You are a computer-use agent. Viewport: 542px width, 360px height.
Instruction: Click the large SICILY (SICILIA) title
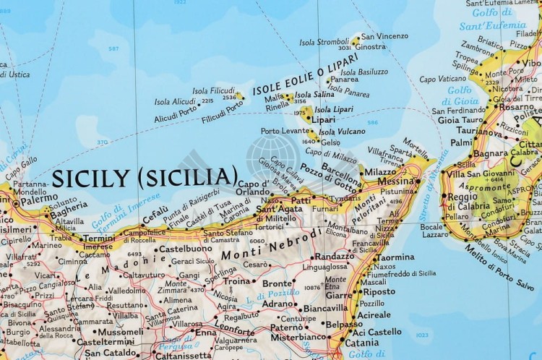pos(145,176)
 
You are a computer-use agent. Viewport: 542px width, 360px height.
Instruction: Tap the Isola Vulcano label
pos(337,132)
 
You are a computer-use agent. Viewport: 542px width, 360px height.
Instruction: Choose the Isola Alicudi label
pos(175,102)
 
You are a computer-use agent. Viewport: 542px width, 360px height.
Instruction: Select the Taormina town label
pos(395,257)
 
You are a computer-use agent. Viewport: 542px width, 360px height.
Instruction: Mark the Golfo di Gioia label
pos(460,95)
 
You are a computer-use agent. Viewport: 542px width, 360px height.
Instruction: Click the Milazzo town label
pos(381,173)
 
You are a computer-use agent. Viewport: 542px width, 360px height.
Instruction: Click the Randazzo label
pos(335,257)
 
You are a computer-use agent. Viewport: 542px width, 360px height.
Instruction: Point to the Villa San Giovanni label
pos(482,174)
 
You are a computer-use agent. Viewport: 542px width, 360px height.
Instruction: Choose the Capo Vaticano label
pos(442,79)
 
